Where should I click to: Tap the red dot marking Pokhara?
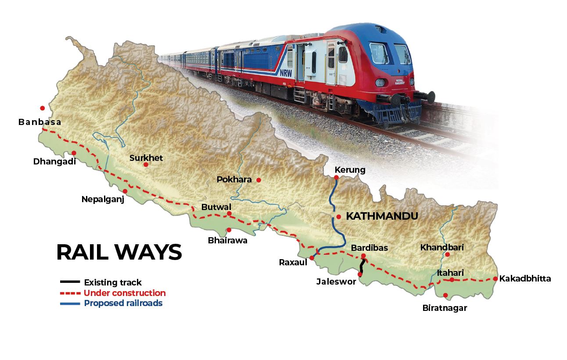(x=259, y=180)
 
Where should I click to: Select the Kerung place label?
(x=350, y=170)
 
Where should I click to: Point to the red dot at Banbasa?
(x=43, y=108)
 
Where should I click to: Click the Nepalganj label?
(x=103, y=200)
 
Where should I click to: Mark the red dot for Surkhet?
(x=146, y=164)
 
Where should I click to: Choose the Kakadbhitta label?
(x=525, y=278)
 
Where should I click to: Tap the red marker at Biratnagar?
(x=445, y=295)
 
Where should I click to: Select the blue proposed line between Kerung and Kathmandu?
(x=332, y=197)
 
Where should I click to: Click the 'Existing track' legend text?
(x=113, y=282)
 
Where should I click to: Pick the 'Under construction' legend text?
(x=125, y=293)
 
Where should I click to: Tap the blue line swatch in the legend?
(x=70, y=303)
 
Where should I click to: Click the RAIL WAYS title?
(x=119, y=253)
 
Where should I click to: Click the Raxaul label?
(x=293, y=262)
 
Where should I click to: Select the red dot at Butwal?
(x=229, y=214)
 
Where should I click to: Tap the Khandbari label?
(x=442, y=247)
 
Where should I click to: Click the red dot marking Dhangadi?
(x=74, y=153)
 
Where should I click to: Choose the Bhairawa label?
(x=228, y=240)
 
